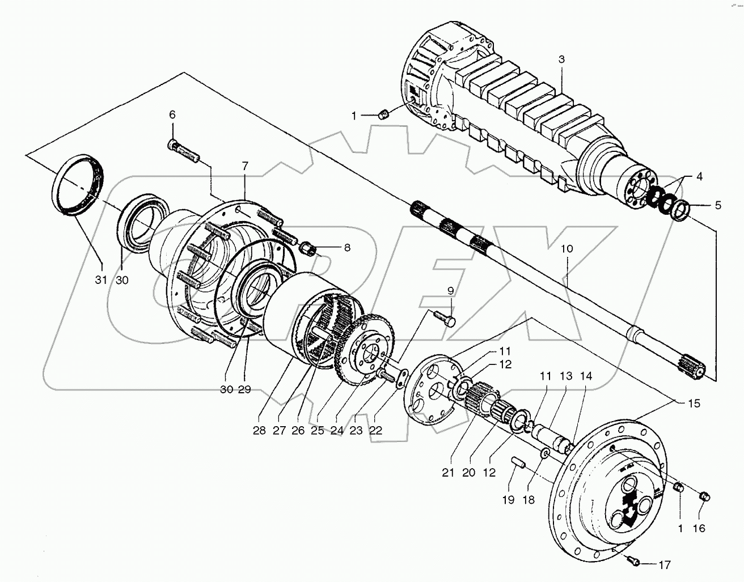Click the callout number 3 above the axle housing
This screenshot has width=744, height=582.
561,60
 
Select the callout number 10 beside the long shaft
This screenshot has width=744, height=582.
567,248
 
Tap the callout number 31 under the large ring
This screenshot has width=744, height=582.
100,280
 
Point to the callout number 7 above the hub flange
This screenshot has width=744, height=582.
245,166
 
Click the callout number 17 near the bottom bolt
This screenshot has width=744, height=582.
664,564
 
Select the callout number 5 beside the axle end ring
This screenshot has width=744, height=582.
717,205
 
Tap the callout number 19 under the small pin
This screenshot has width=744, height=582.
508,499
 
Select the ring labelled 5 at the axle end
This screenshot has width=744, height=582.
680,211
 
